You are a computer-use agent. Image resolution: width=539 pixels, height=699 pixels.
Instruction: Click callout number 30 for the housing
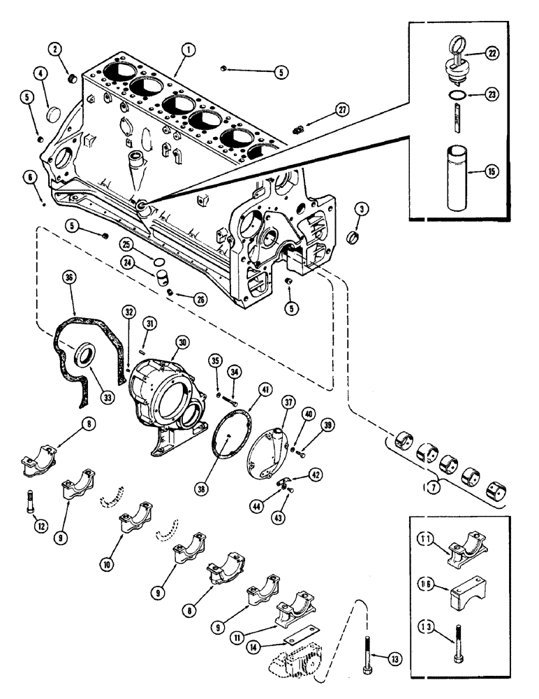click(x=183, y=343)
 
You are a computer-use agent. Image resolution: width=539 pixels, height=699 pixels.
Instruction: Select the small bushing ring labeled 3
click(x=355, y=239)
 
